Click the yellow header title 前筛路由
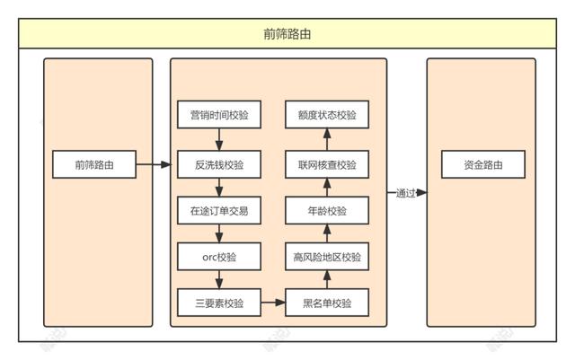pos(287,35)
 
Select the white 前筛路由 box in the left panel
pos(93,165)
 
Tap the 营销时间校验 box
pos(219,115)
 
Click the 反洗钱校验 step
pos(219,165)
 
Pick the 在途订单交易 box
pos(219,211)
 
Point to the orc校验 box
pos(219,257)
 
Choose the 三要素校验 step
pos(219,303)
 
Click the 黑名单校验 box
pos(327,303)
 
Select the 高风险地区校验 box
pos(327,257)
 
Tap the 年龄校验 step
pos(327,211)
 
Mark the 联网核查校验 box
pos(327,165)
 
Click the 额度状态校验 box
pos(327,115)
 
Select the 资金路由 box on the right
pos(482,165)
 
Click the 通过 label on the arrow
pos(405,192)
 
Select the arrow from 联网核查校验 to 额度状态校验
pos(327,140)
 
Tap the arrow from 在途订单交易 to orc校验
pos(219,233)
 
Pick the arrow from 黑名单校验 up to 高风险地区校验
pos(327,280)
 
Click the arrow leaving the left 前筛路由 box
pos(154,165)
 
